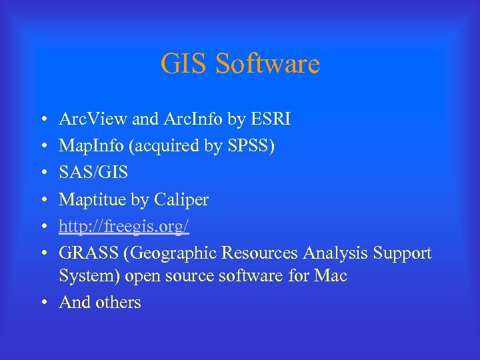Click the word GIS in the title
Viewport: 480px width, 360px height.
(184, 64)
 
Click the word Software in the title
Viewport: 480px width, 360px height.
(268, 64)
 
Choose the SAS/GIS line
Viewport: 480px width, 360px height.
(93, 173)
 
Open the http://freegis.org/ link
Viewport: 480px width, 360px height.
(124, 227)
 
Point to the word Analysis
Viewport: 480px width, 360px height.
(335, 253)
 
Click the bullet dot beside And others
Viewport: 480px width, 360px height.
(43, 303)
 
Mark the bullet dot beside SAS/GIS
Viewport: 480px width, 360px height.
(43, 173)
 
